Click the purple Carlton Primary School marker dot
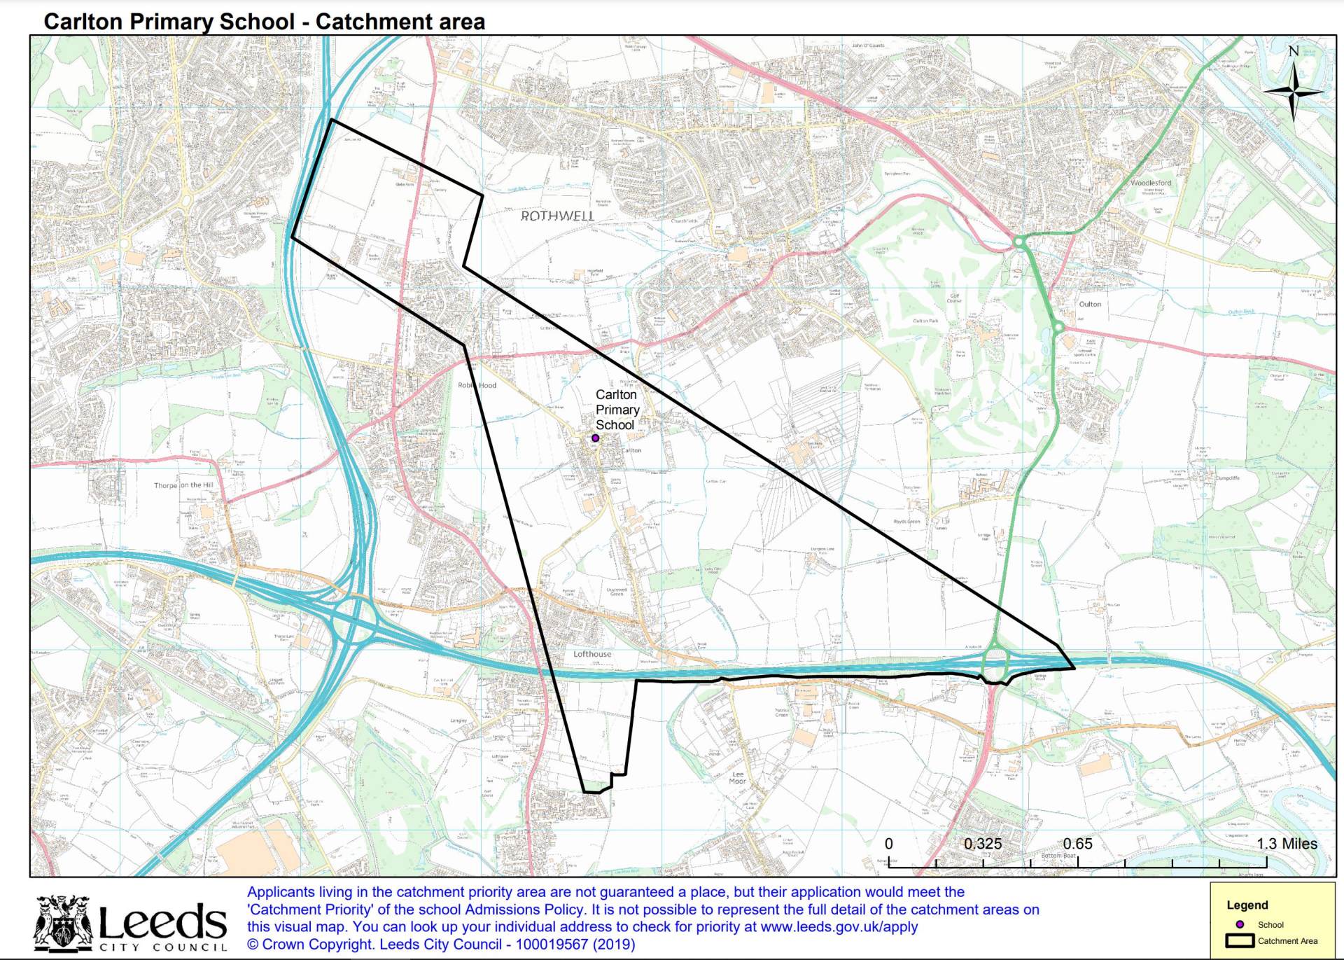coord(595,438)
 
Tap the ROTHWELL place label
coord(557,216)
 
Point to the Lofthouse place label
coord(592,654)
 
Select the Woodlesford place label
coord(1150,183)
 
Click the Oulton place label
coord(1090,304)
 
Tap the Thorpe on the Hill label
coord(183,485)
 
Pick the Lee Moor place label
coord(738,778)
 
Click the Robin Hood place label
coord(477,385)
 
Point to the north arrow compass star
coord(1294,91)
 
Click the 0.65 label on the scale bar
coord(1077,844)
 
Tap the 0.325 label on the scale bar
coord(982,844)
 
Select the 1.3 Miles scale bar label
coord(1287,844)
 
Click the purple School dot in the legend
coord(1240,924)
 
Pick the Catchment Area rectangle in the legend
coord(1239,941)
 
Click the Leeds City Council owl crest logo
coord(64,923)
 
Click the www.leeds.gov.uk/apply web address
coord(839,926)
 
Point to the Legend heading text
coord(1247,905)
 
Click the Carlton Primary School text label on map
coord(617,410)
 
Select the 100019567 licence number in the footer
coord(552,944)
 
